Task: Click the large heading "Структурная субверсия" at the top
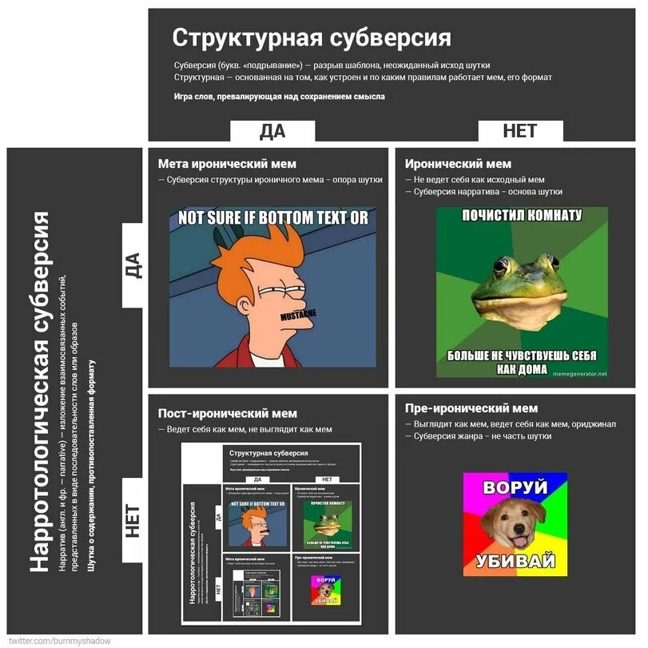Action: tap(312, 38)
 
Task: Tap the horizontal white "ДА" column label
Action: tap(272, 131)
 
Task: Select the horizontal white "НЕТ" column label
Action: tap(519, 131)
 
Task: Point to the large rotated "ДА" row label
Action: tap(133, 265)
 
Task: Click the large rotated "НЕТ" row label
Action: tap(133, 521)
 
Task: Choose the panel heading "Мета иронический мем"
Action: tap(227, 164)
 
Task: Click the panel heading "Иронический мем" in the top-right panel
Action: tap(458, 164)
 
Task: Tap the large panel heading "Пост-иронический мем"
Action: tap(227, 413)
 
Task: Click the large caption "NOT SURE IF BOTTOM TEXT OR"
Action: tap(272, 217)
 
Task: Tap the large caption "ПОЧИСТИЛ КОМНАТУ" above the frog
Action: tap(522, 215)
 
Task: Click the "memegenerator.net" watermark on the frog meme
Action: tap(578, 373)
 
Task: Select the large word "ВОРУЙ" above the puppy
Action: tap(515, 486)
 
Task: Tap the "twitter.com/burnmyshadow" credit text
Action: tap(60, 641)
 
